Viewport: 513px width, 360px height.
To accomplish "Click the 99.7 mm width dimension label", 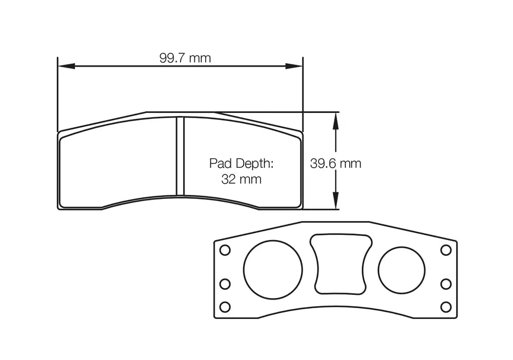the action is pos(185,58).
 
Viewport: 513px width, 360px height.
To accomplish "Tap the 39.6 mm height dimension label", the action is pos(336,164).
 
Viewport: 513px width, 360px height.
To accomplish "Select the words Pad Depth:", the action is pos(241,163).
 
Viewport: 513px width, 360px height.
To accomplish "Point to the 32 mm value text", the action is pos(241,179).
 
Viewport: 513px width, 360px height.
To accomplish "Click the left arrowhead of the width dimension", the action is pos(67,66).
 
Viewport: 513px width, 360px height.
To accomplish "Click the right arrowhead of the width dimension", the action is pos(294,66).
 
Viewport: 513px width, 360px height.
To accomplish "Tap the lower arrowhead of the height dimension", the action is pos(336,201).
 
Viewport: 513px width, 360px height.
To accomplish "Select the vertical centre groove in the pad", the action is pos(180,156).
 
